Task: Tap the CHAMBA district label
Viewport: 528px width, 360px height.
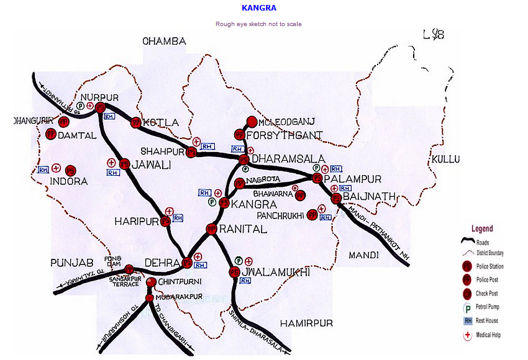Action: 164,42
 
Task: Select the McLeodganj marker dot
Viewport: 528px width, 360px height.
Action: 252,122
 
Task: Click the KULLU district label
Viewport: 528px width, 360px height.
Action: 446,160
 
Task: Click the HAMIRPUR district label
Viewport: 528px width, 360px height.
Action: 306,323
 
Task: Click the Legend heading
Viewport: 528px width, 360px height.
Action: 482,228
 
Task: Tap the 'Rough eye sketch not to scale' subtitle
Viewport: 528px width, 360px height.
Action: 258,24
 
